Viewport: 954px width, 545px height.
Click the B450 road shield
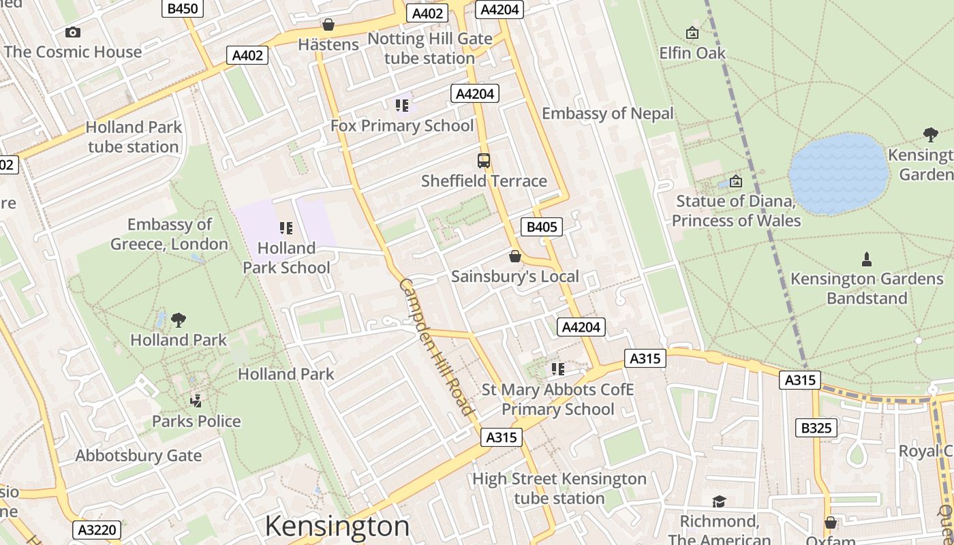coord(183,8)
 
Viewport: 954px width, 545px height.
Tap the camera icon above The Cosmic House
coord(72,32)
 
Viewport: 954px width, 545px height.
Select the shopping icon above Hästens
coord(328,25)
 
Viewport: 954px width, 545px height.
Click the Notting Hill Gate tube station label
coord(429,48)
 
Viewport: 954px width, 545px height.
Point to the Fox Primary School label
coord(402,125)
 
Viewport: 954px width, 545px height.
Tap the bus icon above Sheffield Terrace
coord(484,161)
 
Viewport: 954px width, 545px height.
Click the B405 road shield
coord(542,227)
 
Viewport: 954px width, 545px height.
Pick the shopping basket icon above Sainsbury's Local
coord(515,256)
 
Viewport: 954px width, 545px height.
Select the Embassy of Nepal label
coord(607,113)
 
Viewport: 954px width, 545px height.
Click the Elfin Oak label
coord(692,52)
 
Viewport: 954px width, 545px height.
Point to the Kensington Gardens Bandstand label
coord(867,288)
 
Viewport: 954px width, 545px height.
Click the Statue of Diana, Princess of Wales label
coord(736,211)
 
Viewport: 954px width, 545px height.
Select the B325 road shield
coord(816,428)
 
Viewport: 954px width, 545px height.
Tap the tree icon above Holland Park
coord(179,320)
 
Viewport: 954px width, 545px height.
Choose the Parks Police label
coord(196,421)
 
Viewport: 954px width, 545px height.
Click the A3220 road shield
coord(97,530)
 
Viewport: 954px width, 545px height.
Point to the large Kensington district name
coord(337,526)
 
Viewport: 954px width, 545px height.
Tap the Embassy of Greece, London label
coord(170,234)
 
